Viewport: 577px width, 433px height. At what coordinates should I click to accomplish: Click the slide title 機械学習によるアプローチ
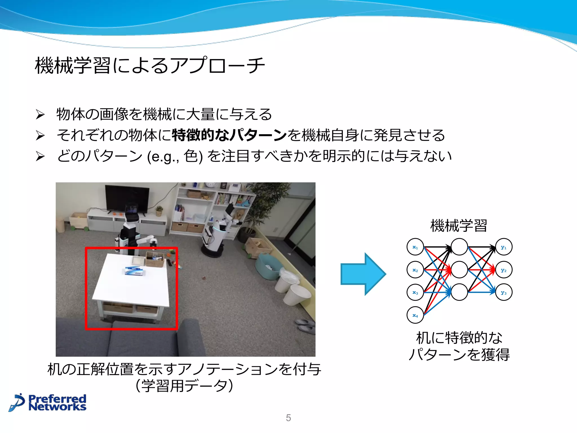click(150, 65)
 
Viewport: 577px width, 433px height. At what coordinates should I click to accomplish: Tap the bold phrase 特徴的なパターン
click(229, 135)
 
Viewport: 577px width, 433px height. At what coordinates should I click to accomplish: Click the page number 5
click(288, 418)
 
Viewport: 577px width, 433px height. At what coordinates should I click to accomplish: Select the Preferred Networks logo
click(48, 403)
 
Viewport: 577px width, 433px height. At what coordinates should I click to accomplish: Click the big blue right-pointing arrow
click(363, 274)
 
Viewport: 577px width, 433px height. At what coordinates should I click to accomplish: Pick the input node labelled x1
click(415, 247)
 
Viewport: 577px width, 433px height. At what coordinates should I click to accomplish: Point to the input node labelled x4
click(415, 315)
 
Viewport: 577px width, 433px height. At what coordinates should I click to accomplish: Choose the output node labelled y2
click(504, 270)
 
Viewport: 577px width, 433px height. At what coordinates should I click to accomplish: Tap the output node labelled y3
click(504, 293)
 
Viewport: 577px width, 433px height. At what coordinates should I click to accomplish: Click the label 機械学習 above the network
click(459, 226)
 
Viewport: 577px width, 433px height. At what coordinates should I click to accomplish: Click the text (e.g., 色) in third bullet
click(175, 156)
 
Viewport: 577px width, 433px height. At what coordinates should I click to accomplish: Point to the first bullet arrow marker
click(40, 114)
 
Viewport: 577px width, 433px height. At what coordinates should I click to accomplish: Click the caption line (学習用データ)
click(184, 386)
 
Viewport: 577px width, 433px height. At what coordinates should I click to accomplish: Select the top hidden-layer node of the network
click(459, 247)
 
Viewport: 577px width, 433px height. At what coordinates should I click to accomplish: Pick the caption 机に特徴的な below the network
click(459, 338)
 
